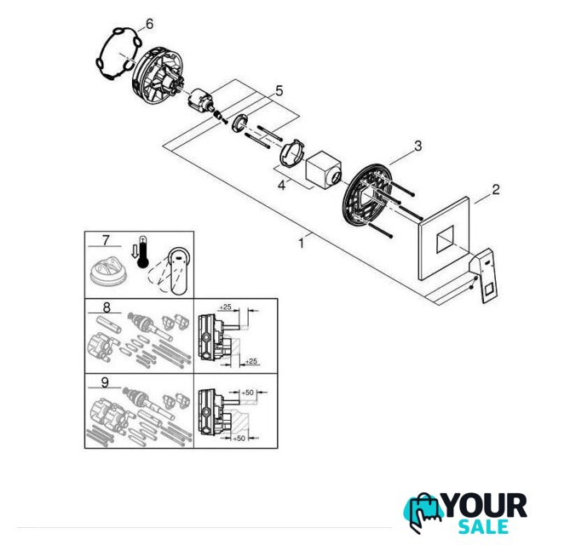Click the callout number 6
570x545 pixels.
pyautogui.click(x=149, y=24)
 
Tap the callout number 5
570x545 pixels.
pyautogui.click(x=279, y=91)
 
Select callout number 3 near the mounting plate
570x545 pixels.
pyautogui.click(x=418, y=146)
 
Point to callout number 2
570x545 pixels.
pyautogui.click(x=496, y=189)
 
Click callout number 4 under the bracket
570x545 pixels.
pyautogui.click(x=281, y=186)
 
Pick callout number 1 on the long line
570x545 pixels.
pyautogui.click(x=301, y=244)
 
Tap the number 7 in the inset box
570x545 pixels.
pyautogui.click(x=106, y=240)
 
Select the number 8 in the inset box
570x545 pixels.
pyautogui.click(x=107, y=307)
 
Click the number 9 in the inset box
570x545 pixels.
pyautogui.click(x=105, y=382)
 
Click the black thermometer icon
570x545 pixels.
pyautogui.click(x=143, y=252)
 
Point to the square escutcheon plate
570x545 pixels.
pyautogui.click(x=444, y=238)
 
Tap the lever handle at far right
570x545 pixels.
pyautogui.click(x=484, y=274)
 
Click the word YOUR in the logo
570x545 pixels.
pyautogui.click(x=486, y=506)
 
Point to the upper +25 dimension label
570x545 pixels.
pyautogui.click(x=226, y=307)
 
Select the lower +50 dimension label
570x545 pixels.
pyautogui.click(x=239, y=439)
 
